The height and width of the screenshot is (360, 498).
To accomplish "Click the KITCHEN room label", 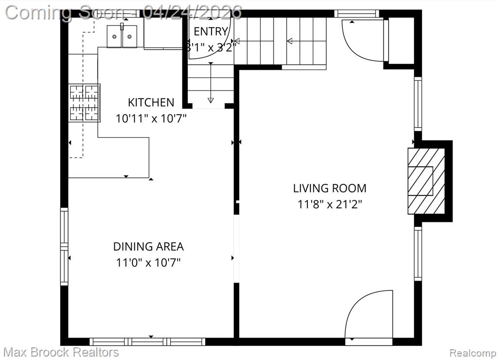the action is coord(151,102).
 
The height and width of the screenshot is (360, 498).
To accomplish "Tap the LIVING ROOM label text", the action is coord(330,188).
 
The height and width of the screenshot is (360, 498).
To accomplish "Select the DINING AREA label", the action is coord(148,247).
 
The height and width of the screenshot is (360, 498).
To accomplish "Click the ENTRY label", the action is coord(211,32).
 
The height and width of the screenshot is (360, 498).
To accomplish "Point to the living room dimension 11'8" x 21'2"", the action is coord(330,204).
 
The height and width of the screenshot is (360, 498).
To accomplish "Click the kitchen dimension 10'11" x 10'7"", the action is coord(151,119).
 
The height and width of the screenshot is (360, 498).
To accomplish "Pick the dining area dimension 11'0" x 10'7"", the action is coord(148,263).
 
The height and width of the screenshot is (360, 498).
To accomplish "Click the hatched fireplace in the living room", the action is coord(426,181).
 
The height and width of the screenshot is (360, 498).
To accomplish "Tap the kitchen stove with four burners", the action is coord(85,103).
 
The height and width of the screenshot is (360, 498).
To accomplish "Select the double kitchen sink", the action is coord(122,36).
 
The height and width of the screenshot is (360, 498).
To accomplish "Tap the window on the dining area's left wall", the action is coord(64,247).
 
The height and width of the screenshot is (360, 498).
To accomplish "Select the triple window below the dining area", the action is coord(147,342).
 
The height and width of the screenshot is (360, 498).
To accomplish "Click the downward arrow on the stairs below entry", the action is coord(211,83).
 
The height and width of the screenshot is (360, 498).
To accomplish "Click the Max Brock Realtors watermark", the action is coord(61,352).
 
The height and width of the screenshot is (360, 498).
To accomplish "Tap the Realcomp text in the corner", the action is coord(473,353).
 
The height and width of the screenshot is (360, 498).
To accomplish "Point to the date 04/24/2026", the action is coord(192,13).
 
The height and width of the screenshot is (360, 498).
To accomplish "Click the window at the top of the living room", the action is coord(357,14).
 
